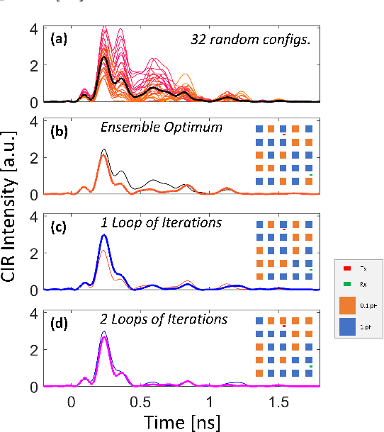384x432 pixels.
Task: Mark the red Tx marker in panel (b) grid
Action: [283, 135]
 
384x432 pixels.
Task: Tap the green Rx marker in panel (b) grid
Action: [311, 174]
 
